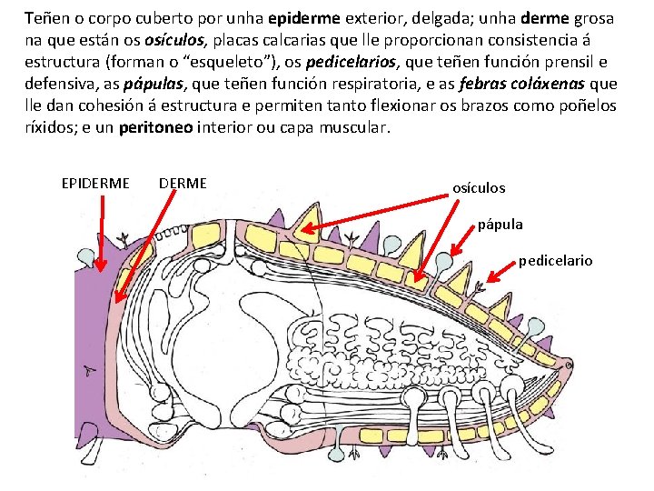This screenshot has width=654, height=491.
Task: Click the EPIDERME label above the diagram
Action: [95, 184]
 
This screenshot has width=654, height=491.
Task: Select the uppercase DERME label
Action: [183, 184]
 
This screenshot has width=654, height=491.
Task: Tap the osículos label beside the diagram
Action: [479, 188]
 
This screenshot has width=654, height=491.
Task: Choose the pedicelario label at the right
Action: [555, 261]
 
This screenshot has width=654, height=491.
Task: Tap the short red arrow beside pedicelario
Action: [500, 272]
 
